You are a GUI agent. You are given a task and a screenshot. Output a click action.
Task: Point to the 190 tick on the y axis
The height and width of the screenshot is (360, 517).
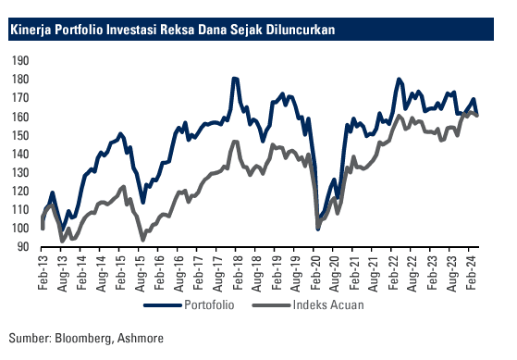coord(21,60)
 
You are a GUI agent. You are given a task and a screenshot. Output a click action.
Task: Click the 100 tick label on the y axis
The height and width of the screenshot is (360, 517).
coord(21,229)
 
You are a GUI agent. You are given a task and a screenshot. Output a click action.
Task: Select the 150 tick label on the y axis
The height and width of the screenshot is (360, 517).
coord(21,135)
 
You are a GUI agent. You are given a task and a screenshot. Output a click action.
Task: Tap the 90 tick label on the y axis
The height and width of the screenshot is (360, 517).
coord(24,247)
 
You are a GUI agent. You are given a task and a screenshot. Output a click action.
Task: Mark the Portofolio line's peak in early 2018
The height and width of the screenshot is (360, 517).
coord(235,79)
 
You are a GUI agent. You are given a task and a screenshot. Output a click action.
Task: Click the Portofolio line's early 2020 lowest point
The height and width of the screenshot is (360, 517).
coord(318,228)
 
